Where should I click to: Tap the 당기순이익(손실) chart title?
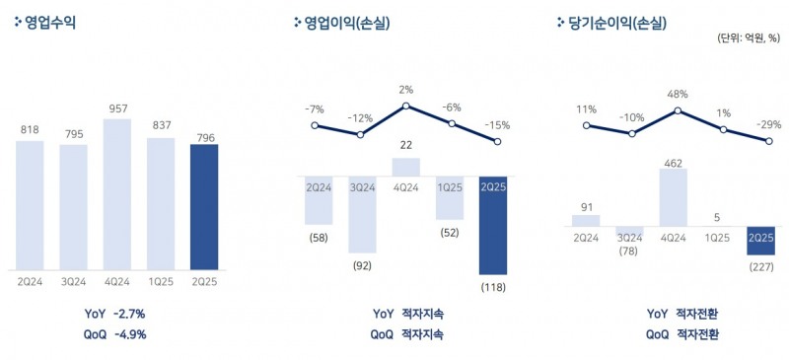(x=616, y=23)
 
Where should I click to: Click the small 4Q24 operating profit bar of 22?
(x=406, y=167)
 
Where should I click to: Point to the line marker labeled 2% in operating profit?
(x=406, y=106)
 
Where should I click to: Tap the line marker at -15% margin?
(x=497, y=143)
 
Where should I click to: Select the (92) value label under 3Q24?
(x=361, y=264)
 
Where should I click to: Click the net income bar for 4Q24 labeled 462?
(x=674, y=197)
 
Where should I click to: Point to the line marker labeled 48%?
(x=678, y=110)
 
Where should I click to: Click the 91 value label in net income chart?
(x=586, y=206)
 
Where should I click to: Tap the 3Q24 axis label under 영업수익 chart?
(x=73, y=281)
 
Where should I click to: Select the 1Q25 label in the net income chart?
(x=719, y=237)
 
